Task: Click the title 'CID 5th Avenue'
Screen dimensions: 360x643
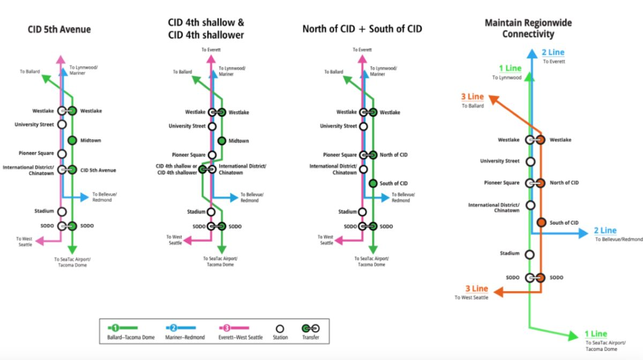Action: [x=59, y=29]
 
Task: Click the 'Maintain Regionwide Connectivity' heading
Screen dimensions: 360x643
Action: [x=528, y=28]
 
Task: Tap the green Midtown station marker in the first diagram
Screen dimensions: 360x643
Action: [x=72, y=141]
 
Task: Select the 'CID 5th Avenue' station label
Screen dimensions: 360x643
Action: [x=98, y=170]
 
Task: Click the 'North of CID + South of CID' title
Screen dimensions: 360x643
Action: [x=362, y=29]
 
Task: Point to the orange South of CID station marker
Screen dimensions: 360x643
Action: [x=541, y=223]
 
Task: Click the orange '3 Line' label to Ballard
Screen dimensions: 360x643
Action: [x=472, y=97]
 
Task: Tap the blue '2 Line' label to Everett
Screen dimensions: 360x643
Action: [x=552, y=52]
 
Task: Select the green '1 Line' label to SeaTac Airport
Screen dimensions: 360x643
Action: [x=595, y=334]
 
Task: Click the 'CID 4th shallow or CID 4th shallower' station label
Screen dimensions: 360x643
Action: [x=176, y=169]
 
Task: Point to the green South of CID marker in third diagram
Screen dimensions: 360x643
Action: [x=373, y=184]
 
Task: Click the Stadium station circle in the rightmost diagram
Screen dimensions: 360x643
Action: [x=530, y=254]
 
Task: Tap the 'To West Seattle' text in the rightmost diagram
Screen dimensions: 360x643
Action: [x=472, y=297]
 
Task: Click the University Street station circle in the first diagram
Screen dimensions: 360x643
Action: [x=62, y=125]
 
